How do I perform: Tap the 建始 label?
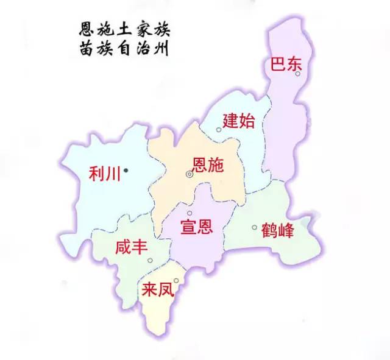(238, 120)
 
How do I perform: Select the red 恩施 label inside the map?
(208, 164)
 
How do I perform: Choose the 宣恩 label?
(196, 228)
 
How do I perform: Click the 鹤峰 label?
(277, 231)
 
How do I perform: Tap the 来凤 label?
(157, 289)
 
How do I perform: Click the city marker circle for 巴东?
(298, 74)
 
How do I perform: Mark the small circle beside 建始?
(219, 130)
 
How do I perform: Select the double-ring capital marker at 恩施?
(190, 174)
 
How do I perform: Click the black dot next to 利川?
(126, 171)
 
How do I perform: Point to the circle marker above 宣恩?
(190, 213)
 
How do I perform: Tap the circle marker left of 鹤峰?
(255, 228)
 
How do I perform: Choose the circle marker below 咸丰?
(150, 261)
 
